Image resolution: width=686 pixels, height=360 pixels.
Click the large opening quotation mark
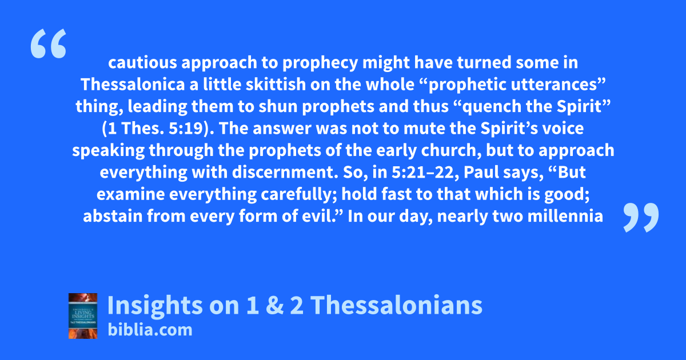pyautogui.click(x=49, y=43)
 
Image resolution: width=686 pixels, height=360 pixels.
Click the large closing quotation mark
pyautogui.click(x=641, y=217)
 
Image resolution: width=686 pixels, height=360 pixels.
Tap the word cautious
pyautogui.click(x=142, y=62)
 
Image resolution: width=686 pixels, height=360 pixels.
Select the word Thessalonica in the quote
pyautogui.click(x=132, y=84)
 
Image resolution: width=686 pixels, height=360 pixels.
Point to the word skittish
pyautogui.click(x=276, y=84)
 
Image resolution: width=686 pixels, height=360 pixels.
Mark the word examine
pyautogui.click(x=130, y=194)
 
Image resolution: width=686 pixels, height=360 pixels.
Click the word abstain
pyautogui.click(x=113, y=216)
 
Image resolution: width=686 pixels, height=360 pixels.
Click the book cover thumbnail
pyautogui.click(x=83, y=316)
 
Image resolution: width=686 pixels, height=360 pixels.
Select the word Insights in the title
pyautogui.click(x=155, y=306)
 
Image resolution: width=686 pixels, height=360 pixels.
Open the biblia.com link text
pyautogui.click(x=150, y=330)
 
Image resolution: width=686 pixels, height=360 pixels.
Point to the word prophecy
pyautogui.click(x=320, y=63)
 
